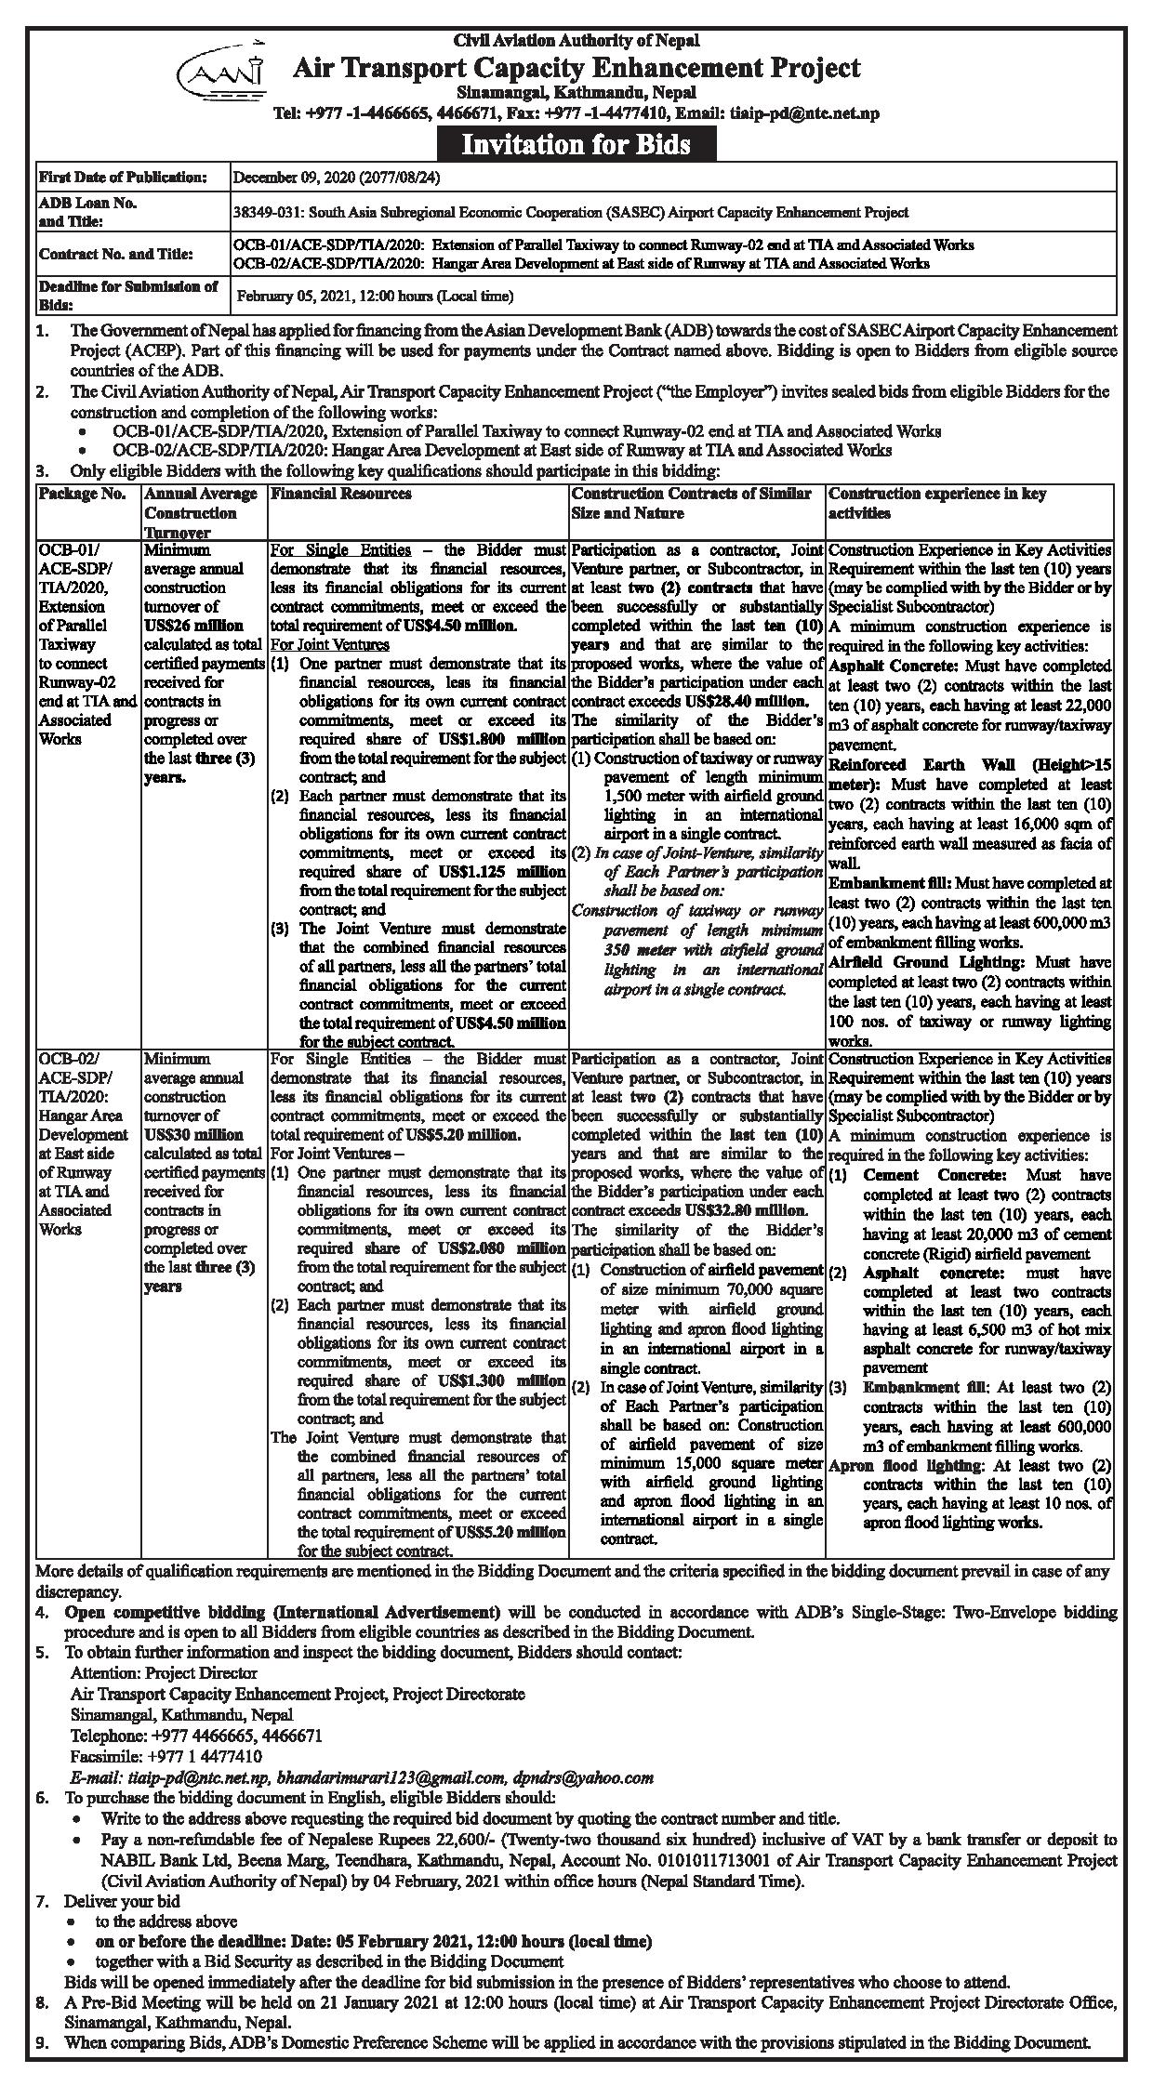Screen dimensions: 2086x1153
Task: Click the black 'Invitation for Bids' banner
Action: click(576, 144)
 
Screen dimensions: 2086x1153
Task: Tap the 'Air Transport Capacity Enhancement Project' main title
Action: click(576, 68)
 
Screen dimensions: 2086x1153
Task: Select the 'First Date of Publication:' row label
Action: click(122, 177)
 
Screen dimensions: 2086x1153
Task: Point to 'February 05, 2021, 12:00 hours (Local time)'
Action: click(375, 297)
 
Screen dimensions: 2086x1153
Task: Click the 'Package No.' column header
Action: click(83, 495)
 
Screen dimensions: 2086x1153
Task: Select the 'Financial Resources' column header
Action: click(341, 495)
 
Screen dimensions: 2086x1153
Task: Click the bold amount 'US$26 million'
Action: click(194, 626)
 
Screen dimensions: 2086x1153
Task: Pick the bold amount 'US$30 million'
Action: click(194, 1135)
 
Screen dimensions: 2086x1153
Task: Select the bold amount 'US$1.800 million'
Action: click(502, 740)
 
